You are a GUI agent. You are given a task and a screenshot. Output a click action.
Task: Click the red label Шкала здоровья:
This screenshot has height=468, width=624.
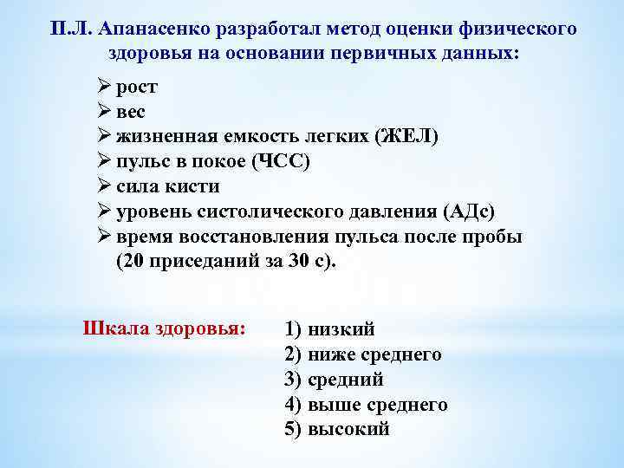click(x=164, y=329)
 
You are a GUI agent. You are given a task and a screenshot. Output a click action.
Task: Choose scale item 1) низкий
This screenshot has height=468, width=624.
click(x=329, y=329)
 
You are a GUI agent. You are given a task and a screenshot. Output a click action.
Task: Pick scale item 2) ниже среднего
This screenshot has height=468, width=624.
click(x=362, y=354)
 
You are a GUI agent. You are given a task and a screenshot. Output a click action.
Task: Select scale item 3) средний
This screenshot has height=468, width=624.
click(x=334, y=380)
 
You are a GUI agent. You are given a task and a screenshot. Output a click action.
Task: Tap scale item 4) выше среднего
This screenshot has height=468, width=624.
click(x=366, y=405)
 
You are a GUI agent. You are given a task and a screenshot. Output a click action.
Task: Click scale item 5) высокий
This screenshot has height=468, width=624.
click(x=336, y=430)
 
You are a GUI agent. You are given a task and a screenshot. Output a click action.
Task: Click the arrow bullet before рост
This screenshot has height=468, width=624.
click(x=103, y=87)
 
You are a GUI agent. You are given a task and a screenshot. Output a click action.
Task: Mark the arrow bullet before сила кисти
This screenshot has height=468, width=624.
click(x=103, y=187)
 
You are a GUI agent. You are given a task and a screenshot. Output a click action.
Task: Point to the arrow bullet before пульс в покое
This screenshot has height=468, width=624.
click(x=103, y=162)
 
